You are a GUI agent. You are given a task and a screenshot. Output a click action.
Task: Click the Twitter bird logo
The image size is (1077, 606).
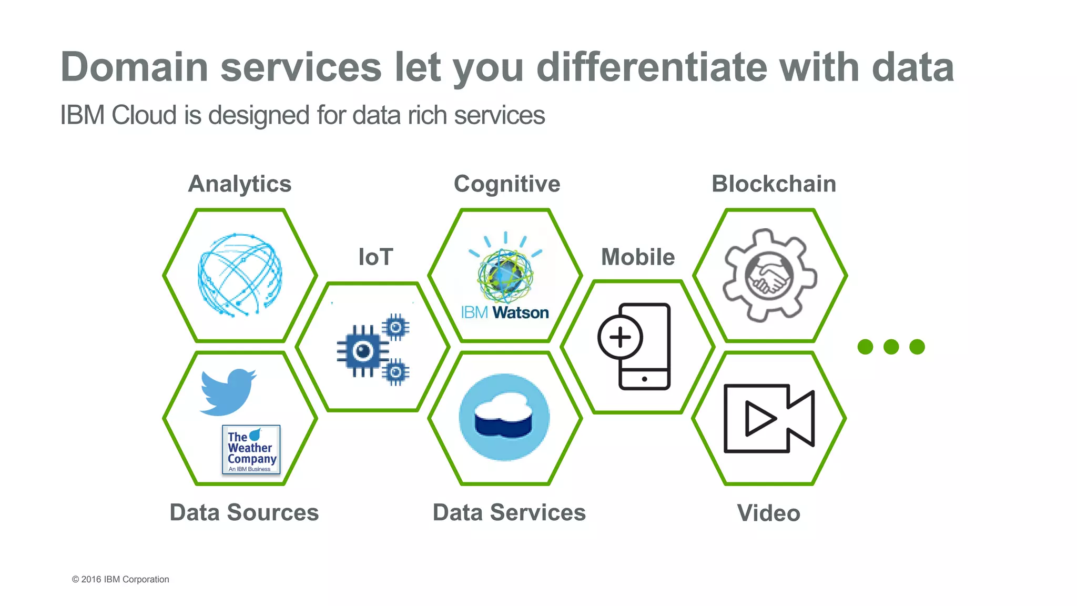click(x=227, y=391)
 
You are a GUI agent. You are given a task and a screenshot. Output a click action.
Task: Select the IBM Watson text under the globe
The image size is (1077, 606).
click(x=505, y=312)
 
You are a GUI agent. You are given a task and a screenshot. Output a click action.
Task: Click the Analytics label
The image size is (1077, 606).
click(x=240, y=184)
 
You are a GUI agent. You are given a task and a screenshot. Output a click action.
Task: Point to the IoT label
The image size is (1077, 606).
click(x=375, y=257)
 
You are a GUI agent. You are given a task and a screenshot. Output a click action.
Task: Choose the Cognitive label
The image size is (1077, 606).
click(x=507, y=184)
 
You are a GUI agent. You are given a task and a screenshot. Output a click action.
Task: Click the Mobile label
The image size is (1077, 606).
click(x=638, y=257)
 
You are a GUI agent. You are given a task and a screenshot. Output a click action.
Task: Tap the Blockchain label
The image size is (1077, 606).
click(x=774, y=184)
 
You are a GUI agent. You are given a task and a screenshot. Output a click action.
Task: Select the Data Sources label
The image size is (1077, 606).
click(x=244, y=512)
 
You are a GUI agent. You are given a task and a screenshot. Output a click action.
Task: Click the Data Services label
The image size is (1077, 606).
click(x=509, y=512)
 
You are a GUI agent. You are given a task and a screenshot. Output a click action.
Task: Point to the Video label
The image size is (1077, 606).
click(x=768, y=513)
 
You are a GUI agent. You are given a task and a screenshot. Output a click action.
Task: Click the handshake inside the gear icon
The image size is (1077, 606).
click(x=769, y=277)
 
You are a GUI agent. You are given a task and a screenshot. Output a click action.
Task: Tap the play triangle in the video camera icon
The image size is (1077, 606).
click(x=759, y=418)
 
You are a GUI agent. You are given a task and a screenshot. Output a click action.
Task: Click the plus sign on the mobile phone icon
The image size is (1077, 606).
click(x=620, y=337)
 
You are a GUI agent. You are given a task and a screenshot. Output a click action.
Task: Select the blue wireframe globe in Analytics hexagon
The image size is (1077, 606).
click(x=240, y=275)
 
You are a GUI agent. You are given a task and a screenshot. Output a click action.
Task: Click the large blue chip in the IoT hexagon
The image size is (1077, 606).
click(x=363, y=351)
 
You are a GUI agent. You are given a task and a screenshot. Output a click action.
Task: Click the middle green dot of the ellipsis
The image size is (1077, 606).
click(x=891, y=347)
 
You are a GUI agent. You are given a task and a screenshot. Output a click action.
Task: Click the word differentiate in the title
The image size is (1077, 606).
click(x=651, y=67)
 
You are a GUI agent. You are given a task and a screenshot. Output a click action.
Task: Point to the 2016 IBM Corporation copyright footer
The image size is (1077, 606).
click(x=120, y=579)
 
